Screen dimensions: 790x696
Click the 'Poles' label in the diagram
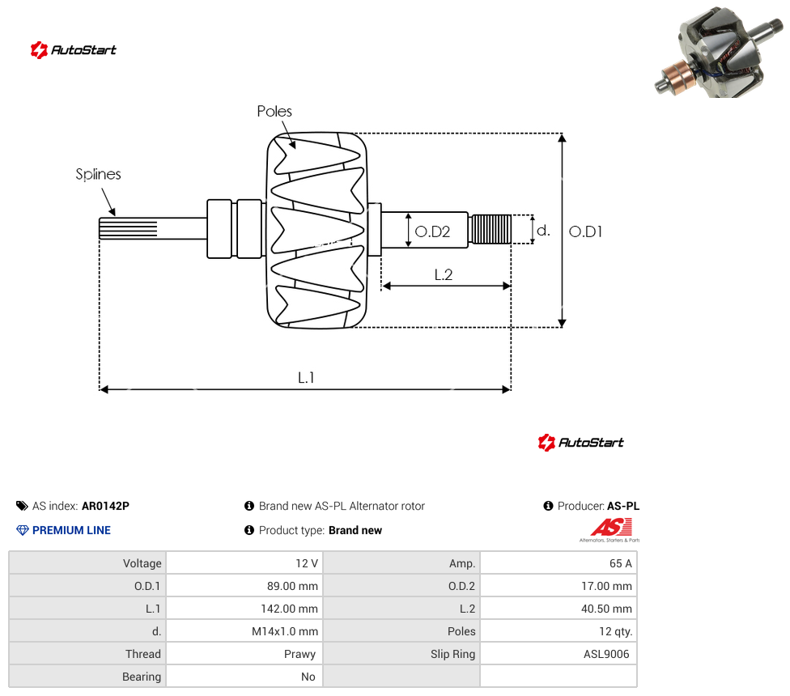coord(274,112)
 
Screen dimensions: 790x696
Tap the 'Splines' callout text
coord(98,174)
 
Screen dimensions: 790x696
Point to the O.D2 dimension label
coord(432,231)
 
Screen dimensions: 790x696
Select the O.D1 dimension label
coord(585,231)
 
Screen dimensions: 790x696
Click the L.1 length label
coord(306,377)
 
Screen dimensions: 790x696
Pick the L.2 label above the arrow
coord(444,274)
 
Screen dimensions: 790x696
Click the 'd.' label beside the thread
coord(543,231)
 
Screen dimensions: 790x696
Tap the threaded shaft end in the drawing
coord(491,229)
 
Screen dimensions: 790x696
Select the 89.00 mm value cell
coord(292,586)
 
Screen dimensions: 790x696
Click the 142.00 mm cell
coord(289,609)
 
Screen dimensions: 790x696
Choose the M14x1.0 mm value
coord(285,631)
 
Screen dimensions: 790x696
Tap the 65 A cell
coord(620,563)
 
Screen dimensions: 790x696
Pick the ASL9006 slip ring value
coord(606,654)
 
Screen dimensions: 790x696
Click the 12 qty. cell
coord(616,631)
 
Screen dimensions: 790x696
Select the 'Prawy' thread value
coord(299,654)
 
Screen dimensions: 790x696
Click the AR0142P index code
coord(105,506)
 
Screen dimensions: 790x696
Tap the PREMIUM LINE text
coord(71,530)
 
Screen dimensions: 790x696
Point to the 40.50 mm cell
coord(606,609)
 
